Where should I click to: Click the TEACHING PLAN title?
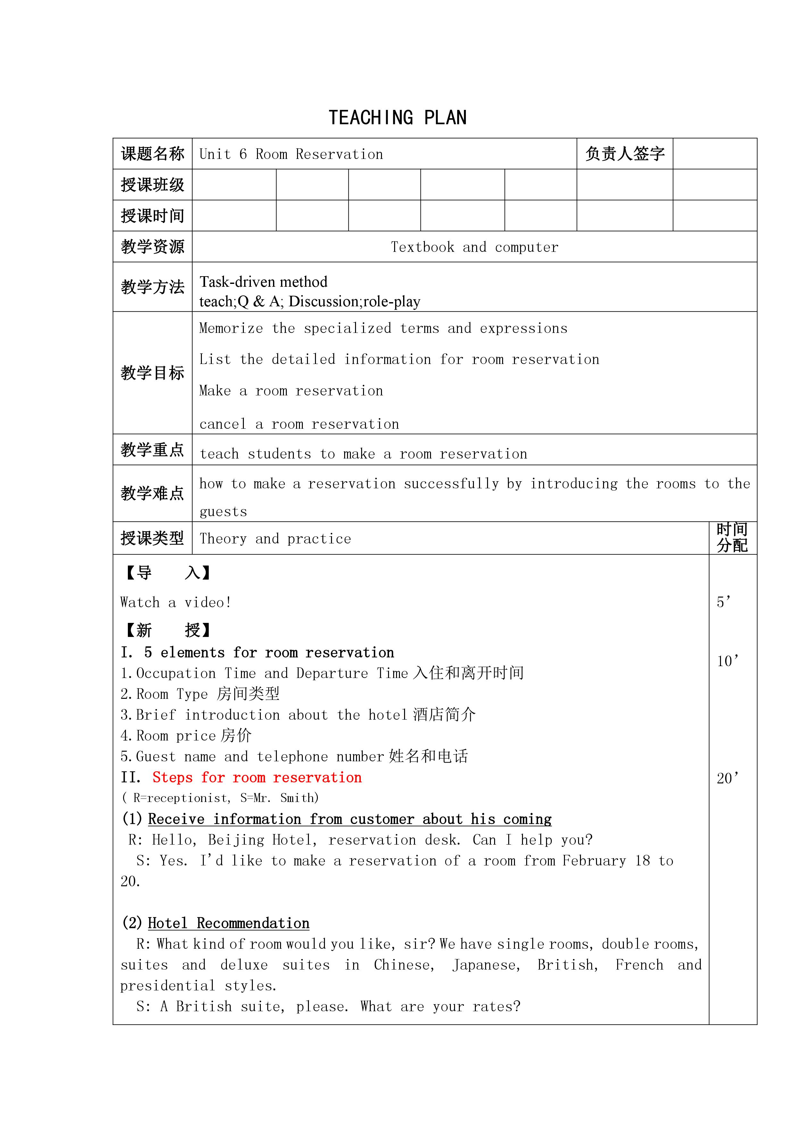(397, 118)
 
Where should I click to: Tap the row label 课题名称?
(152, 154)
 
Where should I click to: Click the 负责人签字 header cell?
(625, 154)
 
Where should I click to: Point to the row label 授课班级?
(152, 185)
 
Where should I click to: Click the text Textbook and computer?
(474, 247)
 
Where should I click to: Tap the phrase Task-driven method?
(263, 282)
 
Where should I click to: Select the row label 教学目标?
(152, 373)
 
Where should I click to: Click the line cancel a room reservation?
(299, 424)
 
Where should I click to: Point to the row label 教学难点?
(152, 493)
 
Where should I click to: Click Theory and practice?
(275, 539)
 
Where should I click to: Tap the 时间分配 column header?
(732, 538)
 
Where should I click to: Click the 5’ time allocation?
(724, 602)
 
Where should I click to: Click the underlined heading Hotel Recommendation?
(228, 923)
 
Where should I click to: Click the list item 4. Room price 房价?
(186, 735)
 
